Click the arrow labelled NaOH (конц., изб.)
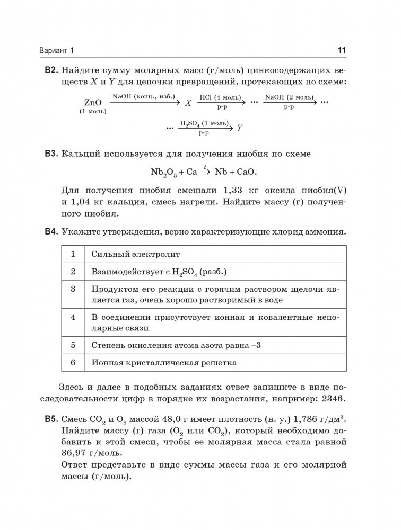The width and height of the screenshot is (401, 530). pos(145,102)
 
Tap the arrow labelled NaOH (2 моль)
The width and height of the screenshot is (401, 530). pos(289,102)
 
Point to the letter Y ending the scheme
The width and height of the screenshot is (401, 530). pos(240,128)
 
